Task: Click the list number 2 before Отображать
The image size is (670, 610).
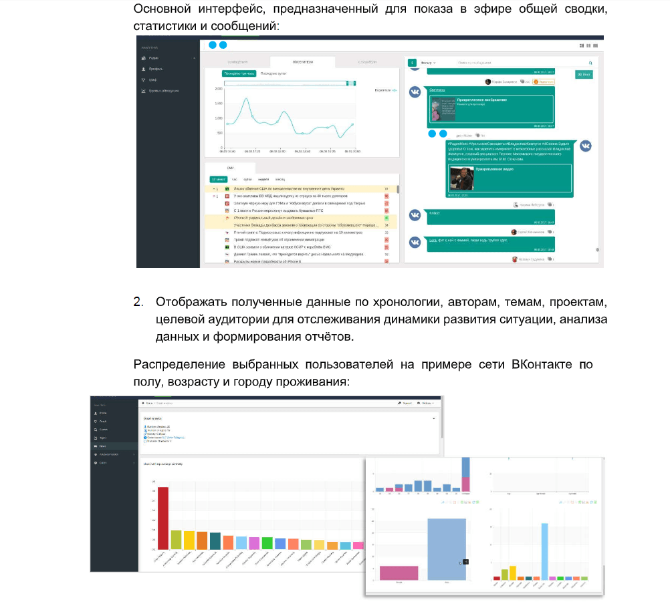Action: [138, 302]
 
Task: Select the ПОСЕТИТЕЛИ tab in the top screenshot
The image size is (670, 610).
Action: [302, 61]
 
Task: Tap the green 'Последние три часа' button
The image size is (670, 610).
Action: [239, 73]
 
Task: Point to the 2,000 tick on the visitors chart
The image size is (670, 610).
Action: [218, 89]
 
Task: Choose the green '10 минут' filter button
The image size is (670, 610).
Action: [218, 179]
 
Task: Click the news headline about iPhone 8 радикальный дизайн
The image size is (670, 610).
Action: [273, 218]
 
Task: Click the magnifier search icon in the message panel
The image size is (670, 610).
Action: [590, 63]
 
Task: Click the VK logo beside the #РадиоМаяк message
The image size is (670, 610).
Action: [585, 146]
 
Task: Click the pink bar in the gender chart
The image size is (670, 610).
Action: [399, 573]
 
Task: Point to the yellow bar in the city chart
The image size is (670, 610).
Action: [512, 572]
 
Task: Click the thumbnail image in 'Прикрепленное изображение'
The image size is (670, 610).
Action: [441, 110]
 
